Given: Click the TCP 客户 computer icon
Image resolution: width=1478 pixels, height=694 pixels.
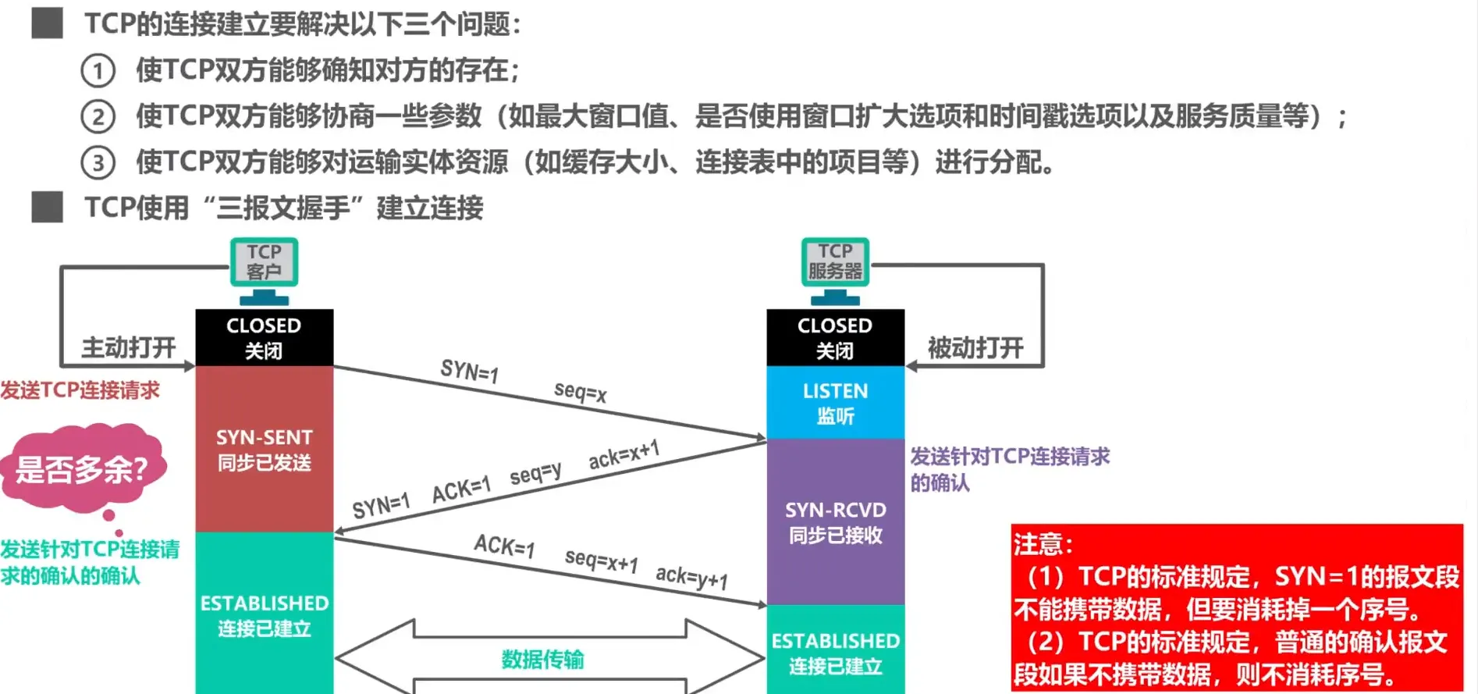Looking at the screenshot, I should (x=264, y=269).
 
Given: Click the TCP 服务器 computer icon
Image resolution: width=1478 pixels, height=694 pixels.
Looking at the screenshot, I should (x=835, y=269).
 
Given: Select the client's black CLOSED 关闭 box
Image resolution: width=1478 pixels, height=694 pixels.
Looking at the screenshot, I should (x=264, y=337).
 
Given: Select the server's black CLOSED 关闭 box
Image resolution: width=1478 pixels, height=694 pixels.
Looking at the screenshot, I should (x=835, y=337).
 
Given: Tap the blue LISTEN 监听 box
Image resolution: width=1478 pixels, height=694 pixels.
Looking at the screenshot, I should (x=835, y=403).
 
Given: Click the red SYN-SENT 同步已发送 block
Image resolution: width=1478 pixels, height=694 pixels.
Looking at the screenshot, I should (x=264, y=450).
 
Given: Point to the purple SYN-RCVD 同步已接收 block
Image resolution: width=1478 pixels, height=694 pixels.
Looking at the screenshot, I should (x=835, y=521).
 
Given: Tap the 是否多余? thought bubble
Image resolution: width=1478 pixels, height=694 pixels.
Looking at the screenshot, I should (x=82, y=468).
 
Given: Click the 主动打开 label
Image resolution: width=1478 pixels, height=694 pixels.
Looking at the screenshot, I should (x=129, y=347).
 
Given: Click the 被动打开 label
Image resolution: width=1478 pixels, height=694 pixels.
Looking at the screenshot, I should (x=975, y=347).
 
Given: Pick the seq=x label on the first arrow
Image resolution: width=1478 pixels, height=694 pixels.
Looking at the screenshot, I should (x=580, y=391).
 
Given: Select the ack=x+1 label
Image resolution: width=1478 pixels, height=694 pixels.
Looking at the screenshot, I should (x=624, y=454).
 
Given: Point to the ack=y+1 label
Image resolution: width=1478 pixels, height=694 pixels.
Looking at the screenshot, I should (x=691, y=577).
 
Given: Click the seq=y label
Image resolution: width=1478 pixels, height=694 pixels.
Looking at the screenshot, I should (x=535, y=473).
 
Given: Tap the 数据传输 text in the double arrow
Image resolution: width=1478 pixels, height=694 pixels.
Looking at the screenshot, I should (x=542, y=660).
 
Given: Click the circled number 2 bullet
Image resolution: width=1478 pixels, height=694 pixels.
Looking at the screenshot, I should (x=98, y=117).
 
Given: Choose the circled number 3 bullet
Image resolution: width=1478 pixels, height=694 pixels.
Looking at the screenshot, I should (x=98, y=163).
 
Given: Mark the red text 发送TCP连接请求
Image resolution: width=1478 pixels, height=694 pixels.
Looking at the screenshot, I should (x=80, y=390).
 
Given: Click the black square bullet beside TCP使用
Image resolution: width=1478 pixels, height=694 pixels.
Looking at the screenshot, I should (x=47, y=208).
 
